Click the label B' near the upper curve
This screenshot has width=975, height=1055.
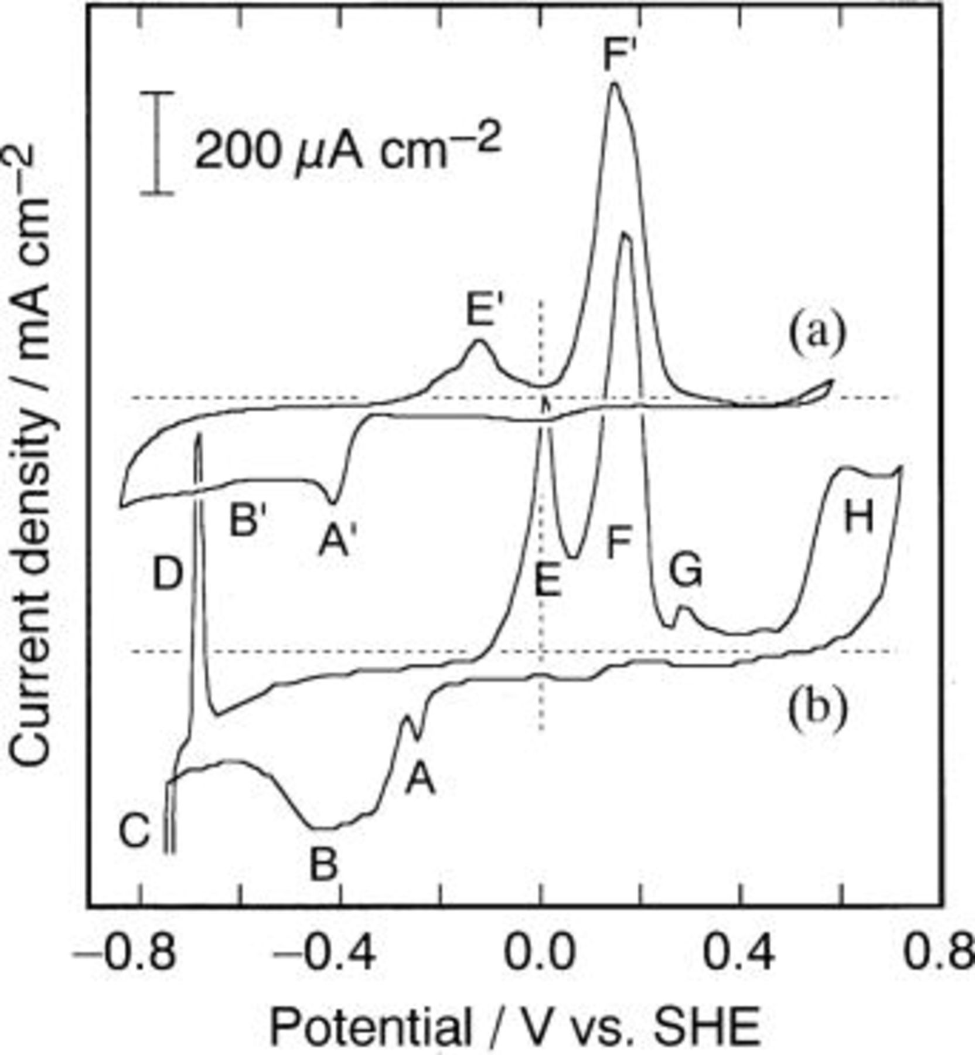click(x=251, y=520)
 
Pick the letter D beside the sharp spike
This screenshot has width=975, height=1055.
click(x=168, y=574)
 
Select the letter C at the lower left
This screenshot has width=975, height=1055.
click(x=135, y=831)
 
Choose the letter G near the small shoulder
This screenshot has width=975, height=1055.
click(x=686, y=570)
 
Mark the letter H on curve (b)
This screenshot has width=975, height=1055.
click(x=858, y=518)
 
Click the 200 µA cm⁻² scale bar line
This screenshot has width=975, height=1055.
click(x=157, y=142)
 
